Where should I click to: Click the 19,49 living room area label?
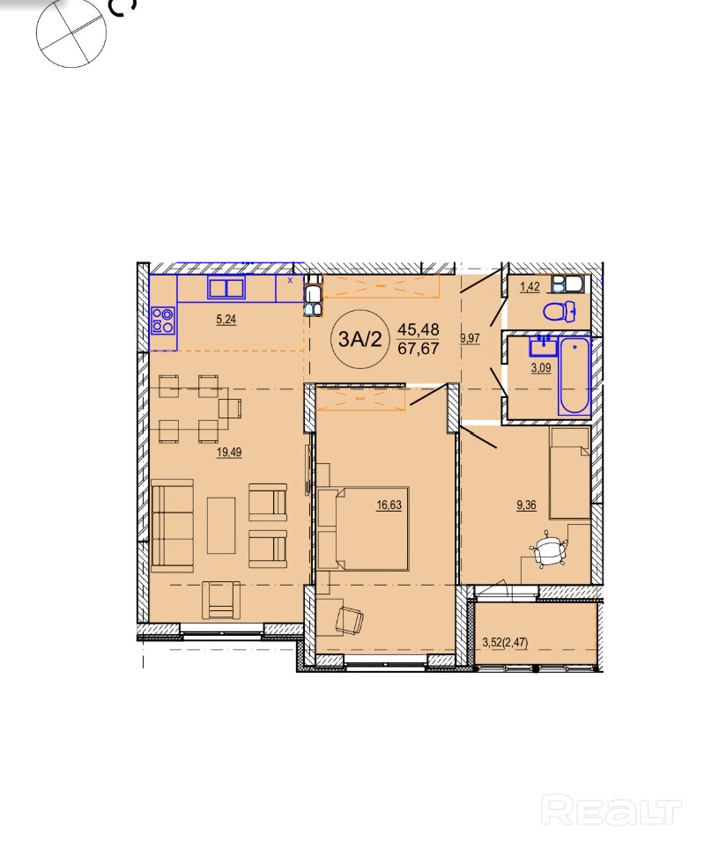point(229,453)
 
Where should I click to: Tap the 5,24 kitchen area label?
point(226,319)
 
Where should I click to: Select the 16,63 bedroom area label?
point(389,505)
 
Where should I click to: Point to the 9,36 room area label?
point(526,505)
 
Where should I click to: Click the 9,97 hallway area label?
point(471,338)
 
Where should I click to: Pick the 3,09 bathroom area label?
point(541,368)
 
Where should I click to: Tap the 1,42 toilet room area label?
point(530,287)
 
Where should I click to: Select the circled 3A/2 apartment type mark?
point(360,339)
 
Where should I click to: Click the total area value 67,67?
point(419,349)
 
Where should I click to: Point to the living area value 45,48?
point(419,329)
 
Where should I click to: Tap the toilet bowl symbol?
point(560,312)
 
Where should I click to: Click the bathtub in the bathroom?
point(574,375)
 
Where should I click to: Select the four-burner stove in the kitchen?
point(163,321)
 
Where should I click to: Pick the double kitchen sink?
point(226,288)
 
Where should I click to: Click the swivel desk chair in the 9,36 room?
point(548,550)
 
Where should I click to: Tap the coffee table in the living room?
point(221,526)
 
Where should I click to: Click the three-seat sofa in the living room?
point(173,526)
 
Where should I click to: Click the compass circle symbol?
point(71,33)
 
